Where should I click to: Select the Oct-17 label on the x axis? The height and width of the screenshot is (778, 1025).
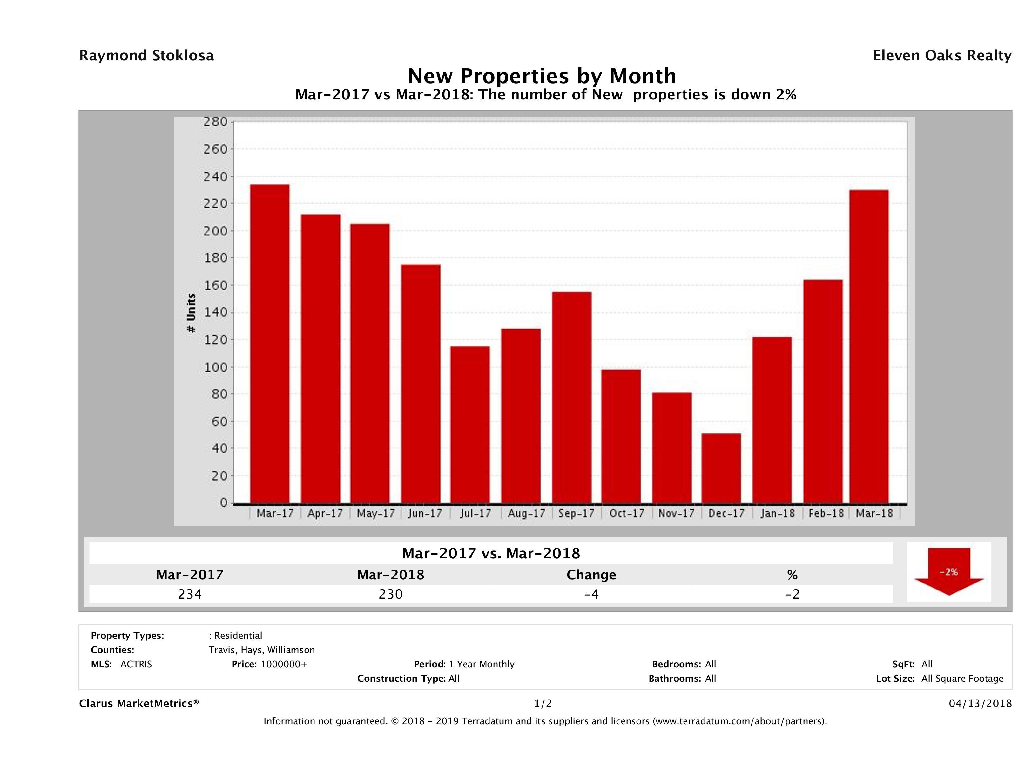coord(626,514)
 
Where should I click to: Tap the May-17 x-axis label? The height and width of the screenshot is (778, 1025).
coord(376,514)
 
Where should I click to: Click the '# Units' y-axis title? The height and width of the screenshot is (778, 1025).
coord(191,313)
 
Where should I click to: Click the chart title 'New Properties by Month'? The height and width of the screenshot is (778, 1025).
coord(542,76)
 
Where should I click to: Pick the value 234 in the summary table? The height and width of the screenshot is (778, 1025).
coord(190,594)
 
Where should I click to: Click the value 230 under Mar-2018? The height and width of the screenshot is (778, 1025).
coord(391,594)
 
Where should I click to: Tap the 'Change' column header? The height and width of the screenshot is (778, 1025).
coord(591,575)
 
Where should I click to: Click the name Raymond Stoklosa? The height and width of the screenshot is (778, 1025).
coord(146,56)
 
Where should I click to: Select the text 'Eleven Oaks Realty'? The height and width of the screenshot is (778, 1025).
coord(941,56)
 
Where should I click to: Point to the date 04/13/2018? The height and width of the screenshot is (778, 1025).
coord(980,704)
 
